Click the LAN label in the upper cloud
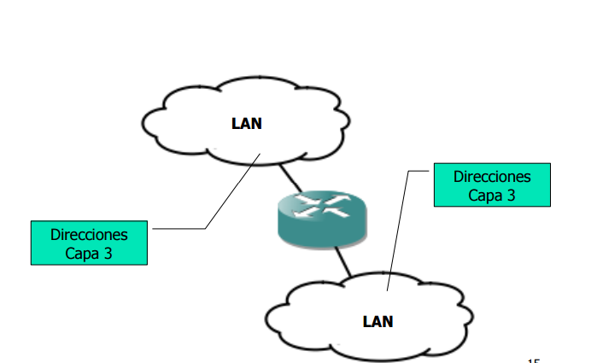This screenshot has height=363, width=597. click(247, 123)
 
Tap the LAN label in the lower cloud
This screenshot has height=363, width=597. click(378, 321)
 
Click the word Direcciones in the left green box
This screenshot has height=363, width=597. click(89, 234)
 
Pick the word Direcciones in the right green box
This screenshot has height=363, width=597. click(492, 177)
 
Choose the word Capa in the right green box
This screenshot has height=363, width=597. click(484, 195)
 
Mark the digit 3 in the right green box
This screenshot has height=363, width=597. click(511, 195)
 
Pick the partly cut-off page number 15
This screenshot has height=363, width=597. click(533, 360)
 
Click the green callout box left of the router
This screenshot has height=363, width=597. click(89, 243)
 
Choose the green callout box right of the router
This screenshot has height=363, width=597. click(492, 185)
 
